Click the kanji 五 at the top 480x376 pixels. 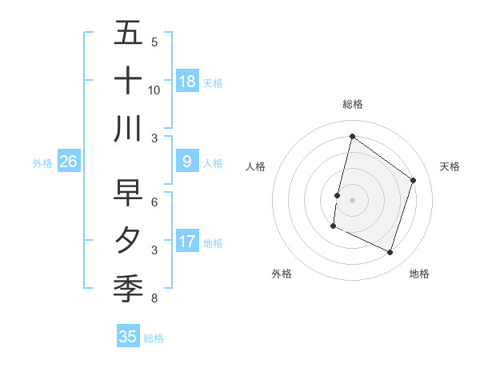pos(128,34)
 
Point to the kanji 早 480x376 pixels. pos(128,193)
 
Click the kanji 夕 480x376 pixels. pos(128,240)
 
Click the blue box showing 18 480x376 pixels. pos(187,81)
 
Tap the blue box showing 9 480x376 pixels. pos(187,162)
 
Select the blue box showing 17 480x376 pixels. pos(187,242)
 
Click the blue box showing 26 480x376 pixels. pos(68,162)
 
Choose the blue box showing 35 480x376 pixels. pos(128,337)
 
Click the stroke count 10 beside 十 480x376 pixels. pos(154,90)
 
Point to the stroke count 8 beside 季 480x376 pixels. pos(154,299)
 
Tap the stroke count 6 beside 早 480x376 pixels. pos(154,202)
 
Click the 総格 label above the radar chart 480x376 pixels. pos(353,104)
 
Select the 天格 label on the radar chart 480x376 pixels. pos(450,166)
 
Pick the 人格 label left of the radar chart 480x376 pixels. pos(255,166)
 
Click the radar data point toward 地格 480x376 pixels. pos(390,253)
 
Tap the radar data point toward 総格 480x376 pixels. pos(352,137)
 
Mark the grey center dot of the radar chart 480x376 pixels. pos(352,200)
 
